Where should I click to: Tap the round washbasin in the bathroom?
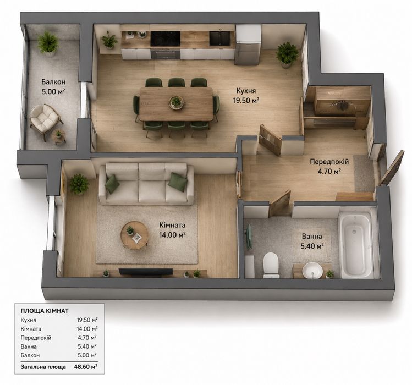pyautogui.click(x=312, y=270)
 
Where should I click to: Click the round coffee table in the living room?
pyautogui.click(x=135, y=235)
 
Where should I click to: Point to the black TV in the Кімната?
pyautogui.click(x=146, y=272)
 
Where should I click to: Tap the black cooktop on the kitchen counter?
pyautogui.click(x=165, y=39)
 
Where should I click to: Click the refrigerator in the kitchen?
pyautogui.click(x=248, y=45)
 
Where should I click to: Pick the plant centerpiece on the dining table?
pyautogui.click(x=176, y=102)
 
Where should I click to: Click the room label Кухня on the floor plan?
pyautogui.click(x=246, y=91)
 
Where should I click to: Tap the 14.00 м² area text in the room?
pyautogui.click(x=172, y=235)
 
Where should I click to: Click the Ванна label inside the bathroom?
pyautogui.click(x=312, y=237)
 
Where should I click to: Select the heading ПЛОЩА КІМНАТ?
pyautogui.click(x=45, y=311)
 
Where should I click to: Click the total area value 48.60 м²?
pyautogui.click(x=86, y=367)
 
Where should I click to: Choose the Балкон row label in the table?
pyautogui.click(x=30, y=355)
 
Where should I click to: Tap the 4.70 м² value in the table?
pyautogui.click(x=87, y=338)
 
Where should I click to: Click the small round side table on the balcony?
pyautogui.click(x=59, y=136)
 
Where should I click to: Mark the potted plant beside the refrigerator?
pyautogui.click(x=287, y=54)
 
